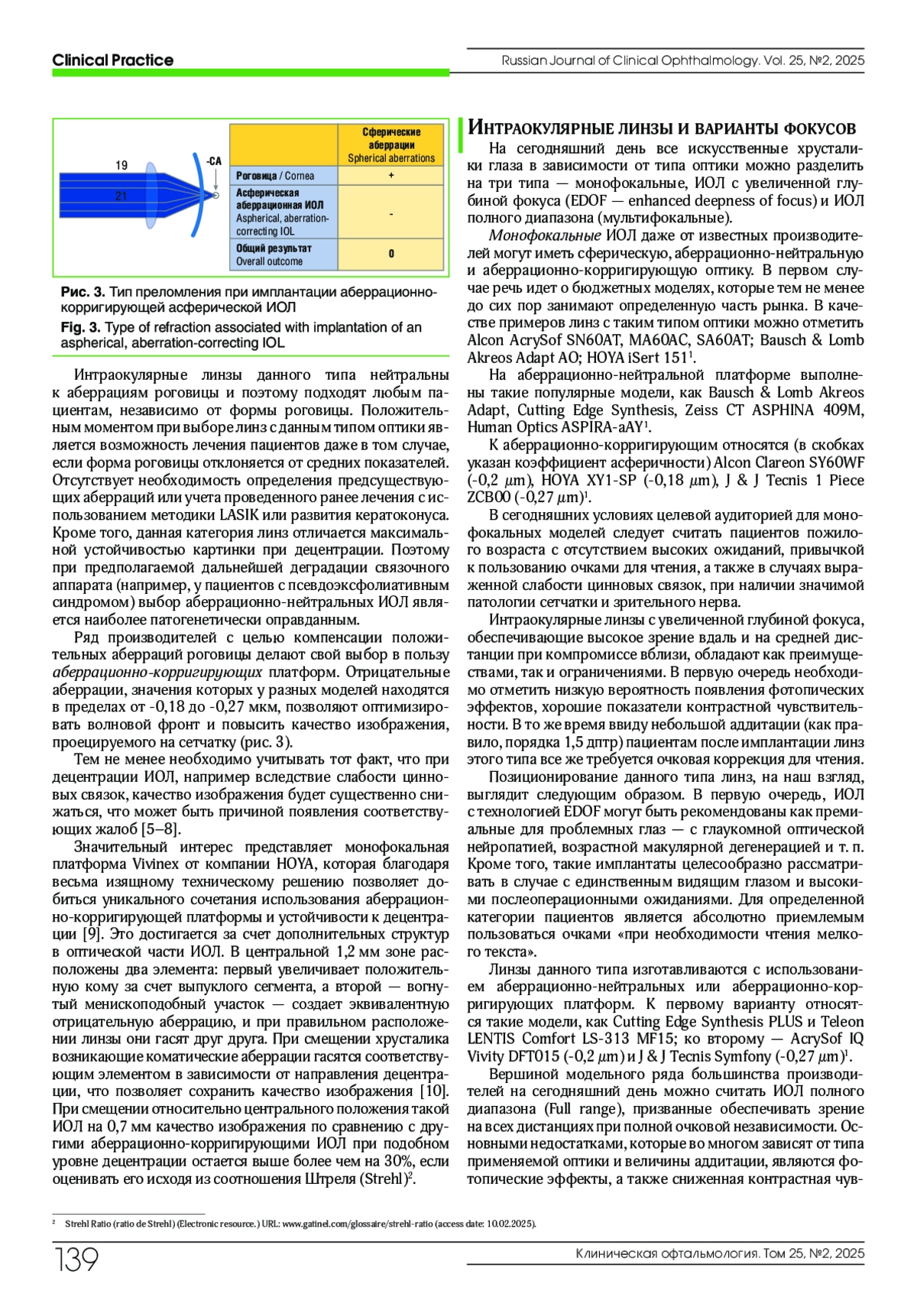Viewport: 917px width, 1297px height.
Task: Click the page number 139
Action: click(76, 1260)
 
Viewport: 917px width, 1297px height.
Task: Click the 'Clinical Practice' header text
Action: click(112, 60)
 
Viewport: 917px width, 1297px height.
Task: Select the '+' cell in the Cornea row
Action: click(391, 176)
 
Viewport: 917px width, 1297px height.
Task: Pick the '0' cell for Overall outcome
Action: click(391, 254)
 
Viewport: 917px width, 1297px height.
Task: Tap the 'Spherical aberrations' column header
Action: click(391, 145)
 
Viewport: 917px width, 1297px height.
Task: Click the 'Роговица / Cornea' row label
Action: click(275, 176)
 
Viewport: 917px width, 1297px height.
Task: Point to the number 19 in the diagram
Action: click(122, 165)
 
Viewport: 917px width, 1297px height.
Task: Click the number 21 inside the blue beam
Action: click(121, 196)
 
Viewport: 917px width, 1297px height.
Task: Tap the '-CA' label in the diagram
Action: click(214, 161)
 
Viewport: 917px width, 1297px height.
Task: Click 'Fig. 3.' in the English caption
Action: click(81, 327)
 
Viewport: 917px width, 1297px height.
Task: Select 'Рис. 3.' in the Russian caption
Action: click(83, 293)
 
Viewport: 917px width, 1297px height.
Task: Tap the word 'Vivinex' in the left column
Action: click(156, 864)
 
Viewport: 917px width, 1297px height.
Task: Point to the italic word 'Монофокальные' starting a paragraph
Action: click(545, 235)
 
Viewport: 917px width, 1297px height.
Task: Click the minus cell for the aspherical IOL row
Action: click(391, 213)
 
